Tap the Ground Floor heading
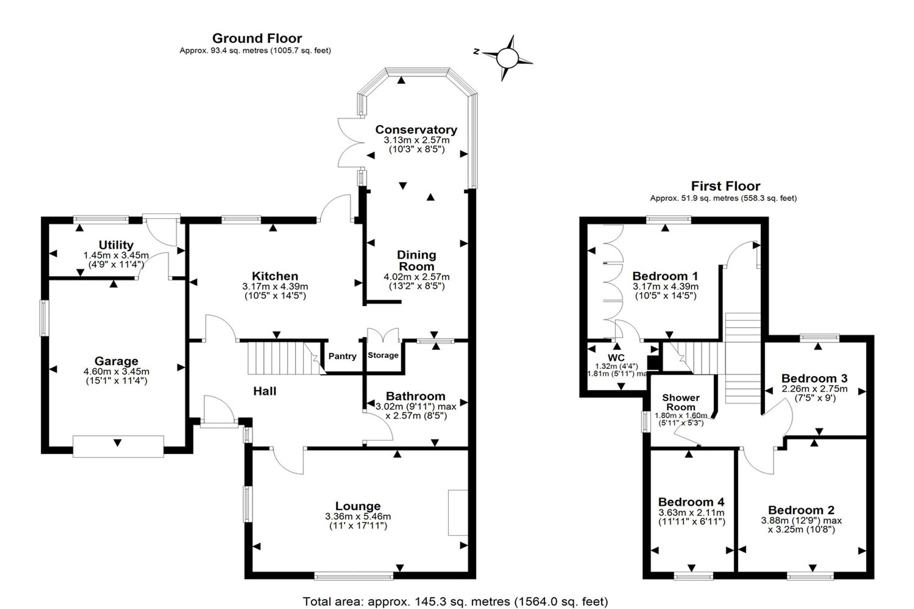tap(257, 38)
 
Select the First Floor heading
tap(725, 186)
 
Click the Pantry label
tap(342, 356)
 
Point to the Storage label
tap(383, 355)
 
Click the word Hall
tap(265, 391)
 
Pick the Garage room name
tap(116, 361)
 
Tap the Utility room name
tap(116, 245)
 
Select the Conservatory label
tap(416, 130)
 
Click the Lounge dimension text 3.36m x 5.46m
tap(358, 517)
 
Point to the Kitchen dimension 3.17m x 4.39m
tap(275, 286)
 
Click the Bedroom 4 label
tap(691, 503)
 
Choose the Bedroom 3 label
tap(814, 378)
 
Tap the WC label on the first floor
tap(616, 358)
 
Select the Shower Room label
tap(681, 402)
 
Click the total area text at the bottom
tap(455, 601)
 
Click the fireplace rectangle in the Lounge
tap(458, 513)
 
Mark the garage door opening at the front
tap(118, 446)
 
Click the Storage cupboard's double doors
tap(383, 334)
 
